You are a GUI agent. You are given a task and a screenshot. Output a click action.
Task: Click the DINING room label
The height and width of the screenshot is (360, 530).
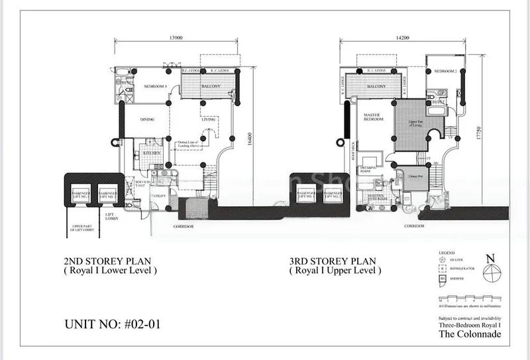click(x=147, y=119)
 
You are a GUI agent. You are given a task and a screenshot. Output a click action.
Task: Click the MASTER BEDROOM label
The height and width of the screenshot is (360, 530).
click(x=374, y=117)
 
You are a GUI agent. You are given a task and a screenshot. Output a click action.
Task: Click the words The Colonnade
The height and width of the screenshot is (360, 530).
click(x=470, y=333)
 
